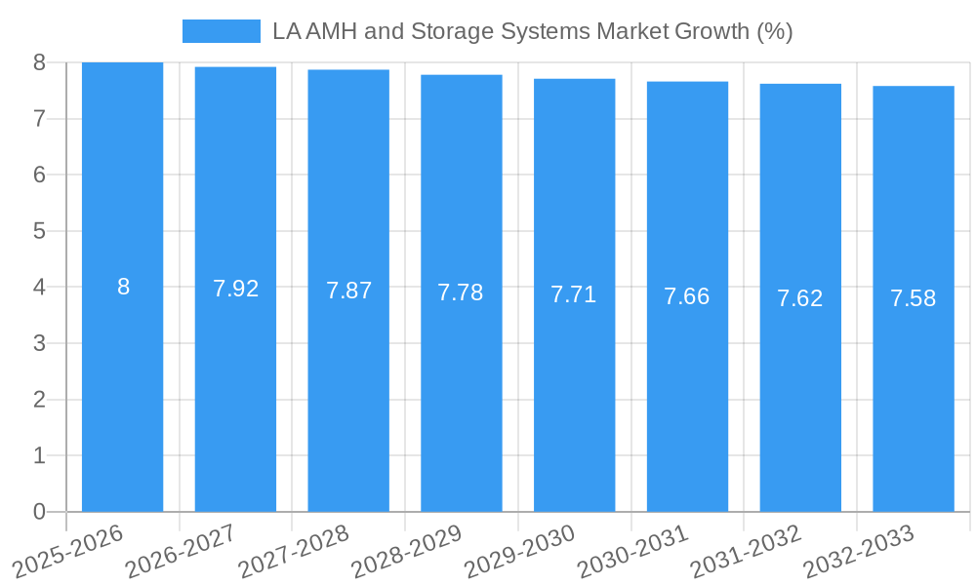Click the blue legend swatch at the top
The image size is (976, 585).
222,31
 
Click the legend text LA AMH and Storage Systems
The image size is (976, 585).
532,31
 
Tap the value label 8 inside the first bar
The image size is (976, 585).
123,287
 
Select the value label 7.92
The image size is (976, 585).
235,289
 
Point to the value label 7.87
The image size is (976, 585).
348,291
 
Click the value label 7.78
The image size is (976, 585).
461,292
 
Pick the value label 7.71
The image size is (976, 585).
574,294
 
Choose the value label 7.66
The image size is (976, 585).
687,296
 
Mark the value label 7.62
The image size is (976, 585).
800,298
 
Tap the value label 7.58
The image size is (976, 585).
913,298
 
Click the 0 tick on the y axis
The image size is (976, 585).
39,512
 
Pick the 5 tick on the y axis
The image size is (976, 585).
39,231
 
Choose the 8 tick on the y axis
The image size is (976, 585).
39,62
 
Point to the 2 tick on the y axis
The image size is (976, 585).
39,400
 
